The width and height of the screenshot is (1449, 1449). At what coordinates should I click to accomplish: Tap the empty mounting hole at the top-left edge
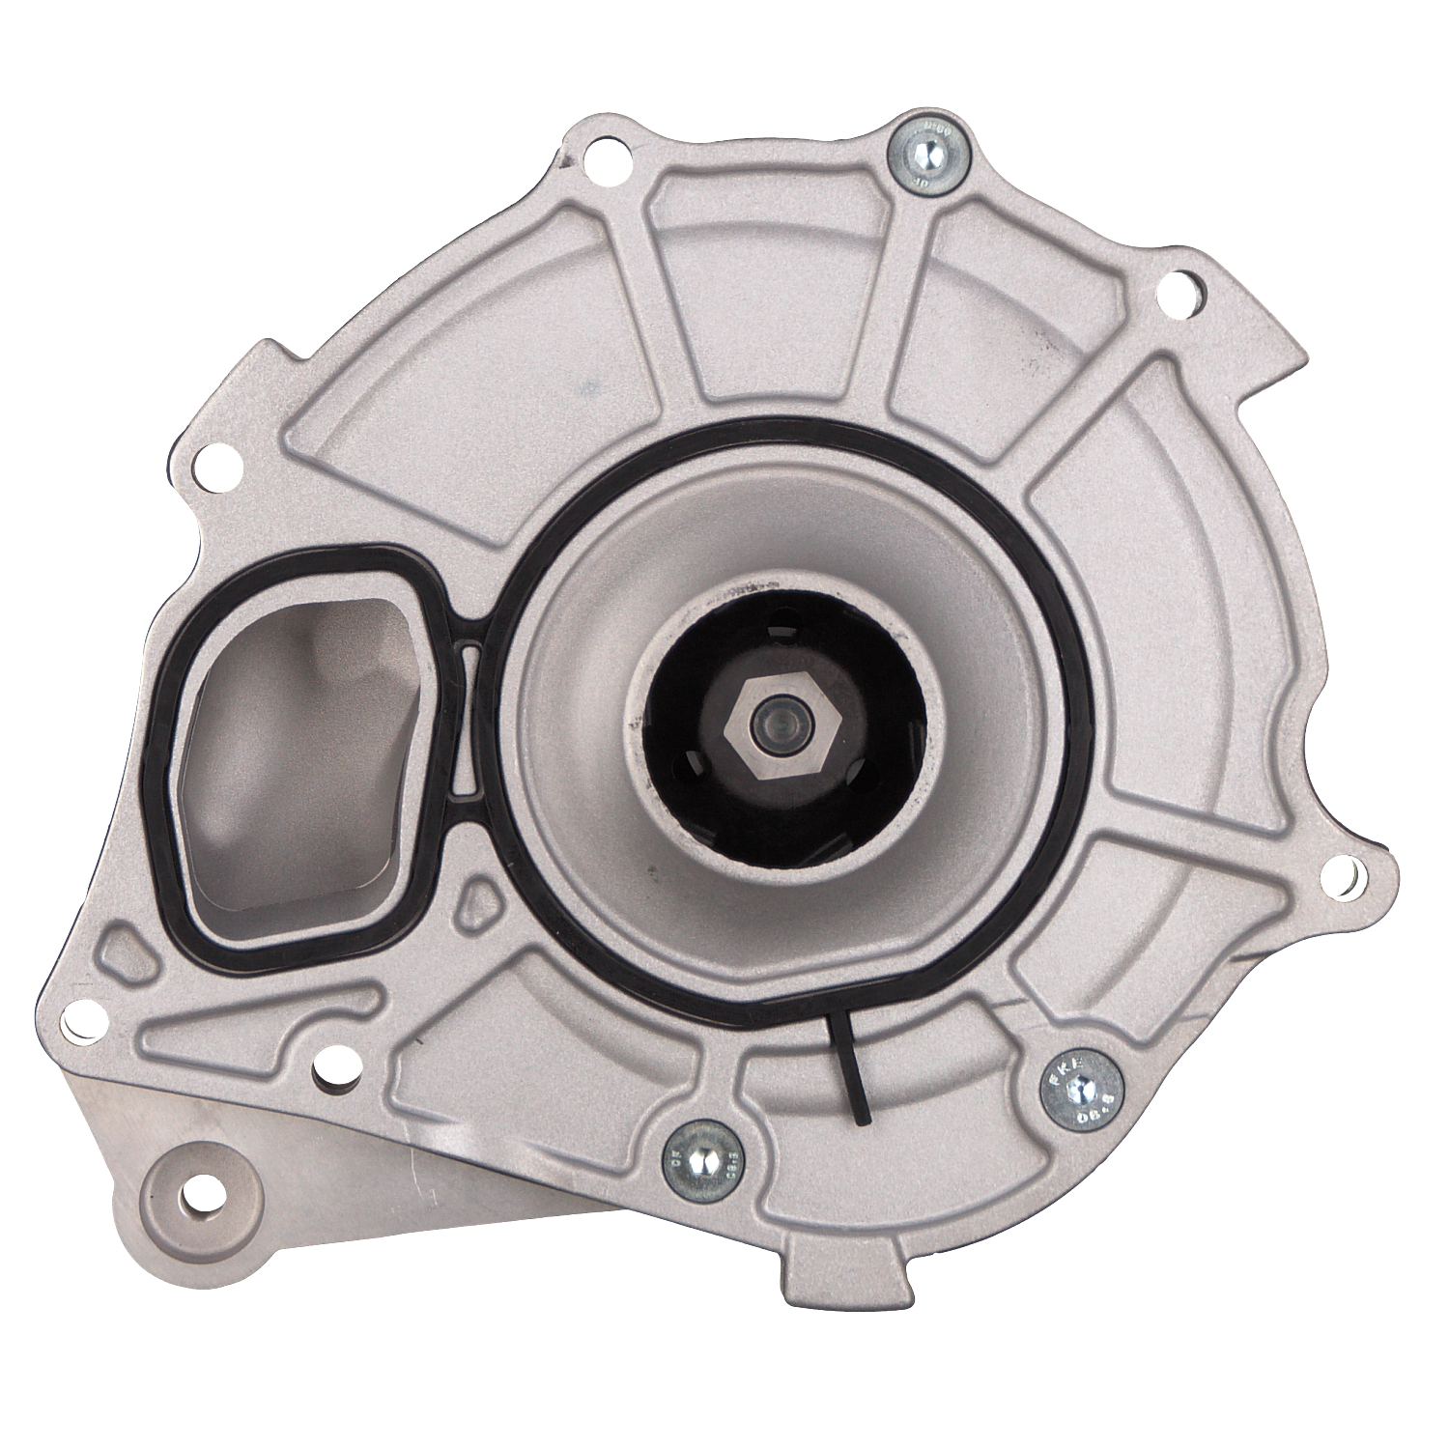[x=597, y=152]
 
